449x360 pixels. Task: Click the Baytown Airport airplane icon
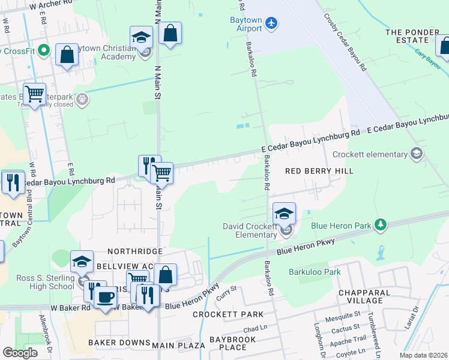pyautogui.click(x=272, y=23)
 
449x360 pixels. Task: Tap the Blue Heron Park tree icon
pyautogui.click(x=379, y=225)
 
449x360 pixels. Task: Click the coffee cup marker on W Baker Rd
pyautogui.click(x=106, y=298)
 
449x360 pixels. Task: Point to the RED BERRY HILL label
pyautogui.click(x=319, y=171)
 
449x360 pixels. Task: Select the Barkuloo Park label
pyautogui.click(x=315, y=272)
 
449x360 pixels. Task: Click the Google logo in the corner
pyautogui.click(x=20, y=353)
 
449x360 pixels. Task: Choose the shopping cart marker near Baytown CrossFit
pyautogui.click(x=35, y=94)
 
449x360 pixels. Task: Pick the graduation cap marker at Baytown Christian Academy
pyautogui.click(x=141, y=38)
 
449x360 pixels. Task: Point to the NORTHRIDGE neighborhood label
pyautogui.click(x=134, y=251)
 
